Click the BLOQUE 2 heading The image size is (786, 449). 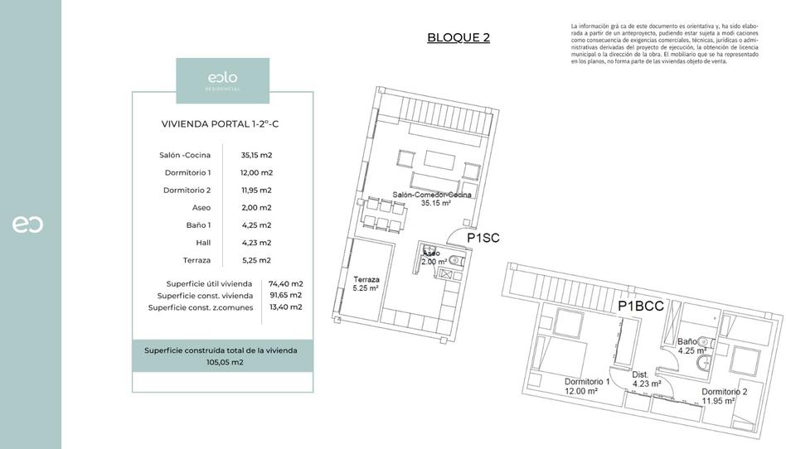pyautogui.click(x=458, y=37)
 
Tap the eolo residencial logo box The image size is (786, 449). pyautogui.click(x=222, y=80)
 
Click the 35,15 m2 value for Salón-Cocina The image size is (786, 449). pyautogui.click(x=256, y=155)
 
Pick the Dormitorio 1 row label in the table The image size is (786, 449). pyautogui.click(x=187, y=172)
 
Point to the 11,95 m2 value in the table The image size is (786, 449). pyautogui.click(x=256, y=190)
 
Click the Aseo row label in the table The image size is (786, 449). pyautogui.click(x=201, y=207)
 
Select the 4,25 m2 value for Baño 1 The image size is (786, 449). pyautogui.click(x=256, y=224)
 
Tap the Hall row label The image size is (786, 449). pyautogui.click(x=203, y=242)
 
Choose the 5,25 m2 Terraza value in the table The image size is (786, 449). pyautogui.click(x=256, y=259)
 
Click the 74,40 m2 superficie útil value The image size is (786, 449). pyautogui.click(x=285, y=283)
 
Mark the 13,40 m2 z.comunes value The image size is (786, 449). pyautogui.click(x=285, y=307)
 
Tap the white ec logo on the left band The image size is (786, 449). pyautogui.click(x=27, y=224)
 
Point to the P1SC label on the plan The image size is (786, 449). pyautogui.click(x=483, y=239)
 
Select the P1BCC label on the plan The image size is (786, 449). pyautogui.click(x=641, y=306)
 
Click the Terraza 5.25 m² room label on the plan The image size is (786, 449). pyautogui.click(x=366, y=284)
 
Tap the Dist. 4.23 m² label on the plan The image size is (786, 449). pyautogui.click(x=646, y=379)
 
